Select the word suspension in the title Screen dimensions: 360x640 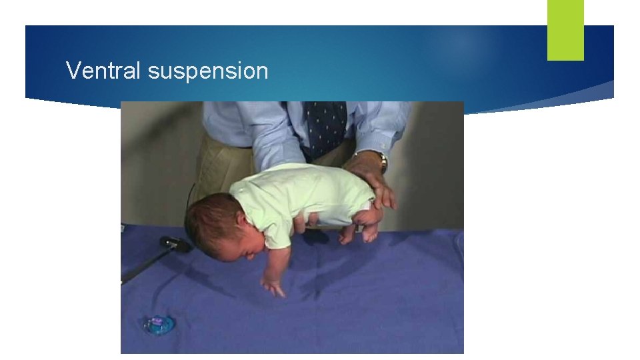(x=208, y=71)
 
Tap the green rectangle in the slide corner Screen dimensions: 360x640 (x=565, y=29)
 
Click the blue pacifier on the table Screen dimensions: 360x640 (x=158, y=324)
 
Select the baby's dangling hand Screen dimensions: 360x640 (x=273, y=287)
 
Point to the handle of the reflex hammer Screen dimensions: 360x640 (x=143, y=267)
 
